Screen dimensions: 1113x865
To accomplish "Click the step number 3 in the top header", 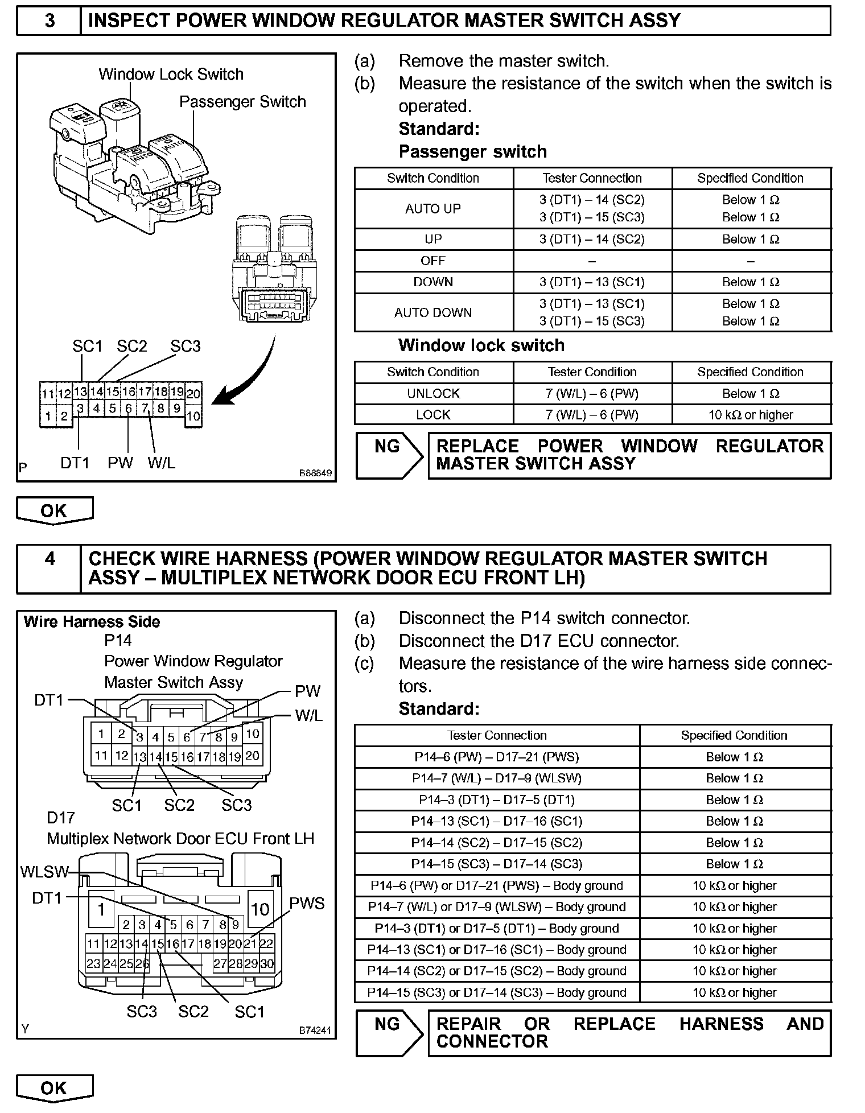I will point(50,20).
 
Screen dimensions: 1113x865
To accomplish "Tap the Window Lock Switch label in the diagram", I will point(171,75).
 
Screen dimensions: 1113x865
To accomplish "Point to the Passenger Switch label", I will point(242,102).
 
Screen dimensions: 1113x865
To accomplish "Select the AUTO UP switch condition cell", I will point(433,209).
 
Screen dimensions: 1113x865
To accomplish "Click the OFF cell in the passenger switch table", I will point(433,261).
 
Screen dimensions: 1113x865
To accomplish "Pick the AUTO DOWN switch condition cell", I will point(433,312).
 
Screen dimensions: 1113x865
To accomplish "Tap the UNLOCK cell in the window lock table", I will point(433,394).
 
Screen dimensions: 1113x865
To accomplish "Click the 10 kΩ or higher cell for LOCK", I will point(751,415).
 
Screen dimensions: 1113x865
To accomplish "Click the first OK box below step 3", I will point(54,510).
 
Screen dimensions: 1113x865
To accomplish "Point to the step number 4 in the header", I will point(50,559).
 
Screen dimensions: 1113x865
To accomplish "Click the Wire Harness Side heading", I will point(92,622).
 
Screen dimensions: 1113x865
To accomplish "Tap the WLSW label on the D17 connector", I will point(44,872).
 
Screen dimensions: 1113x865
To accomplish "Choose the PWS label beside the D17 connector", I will point(307,904).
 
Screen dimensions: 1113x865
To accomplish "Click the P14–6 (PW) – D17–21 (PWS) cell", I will point(496,757).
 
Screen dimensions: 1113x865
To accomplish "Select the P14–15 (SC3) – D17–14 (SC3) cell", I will point(496,864).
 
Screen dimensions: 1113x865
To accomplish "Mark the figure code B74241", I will point(315,1029).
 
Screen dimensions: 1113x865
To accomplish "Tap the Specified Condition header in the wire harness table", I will point(734,735).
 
